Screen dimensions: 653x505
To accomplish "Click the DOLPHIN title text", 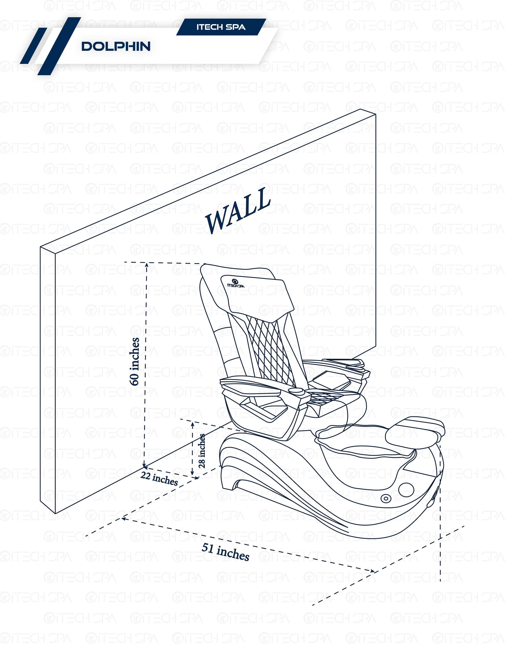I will [116, 47].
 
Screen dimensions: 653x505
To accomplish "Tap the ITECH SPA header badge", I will [221, 27].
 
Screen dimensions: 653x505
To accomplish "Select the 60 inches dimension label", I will [135, 362].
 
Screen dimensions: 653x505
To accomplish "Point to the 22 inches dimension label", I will [159, 479].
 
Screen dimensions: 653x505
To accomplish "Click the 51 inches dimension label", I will [225, 552].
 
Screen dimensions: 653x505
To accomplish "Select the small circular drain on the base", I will [386, 498].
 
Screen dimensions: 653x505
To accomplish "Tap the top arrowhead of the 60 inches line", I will [147, 265].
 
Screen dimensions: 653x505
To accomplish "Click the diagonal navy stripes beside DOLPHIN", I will [49, 46].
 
